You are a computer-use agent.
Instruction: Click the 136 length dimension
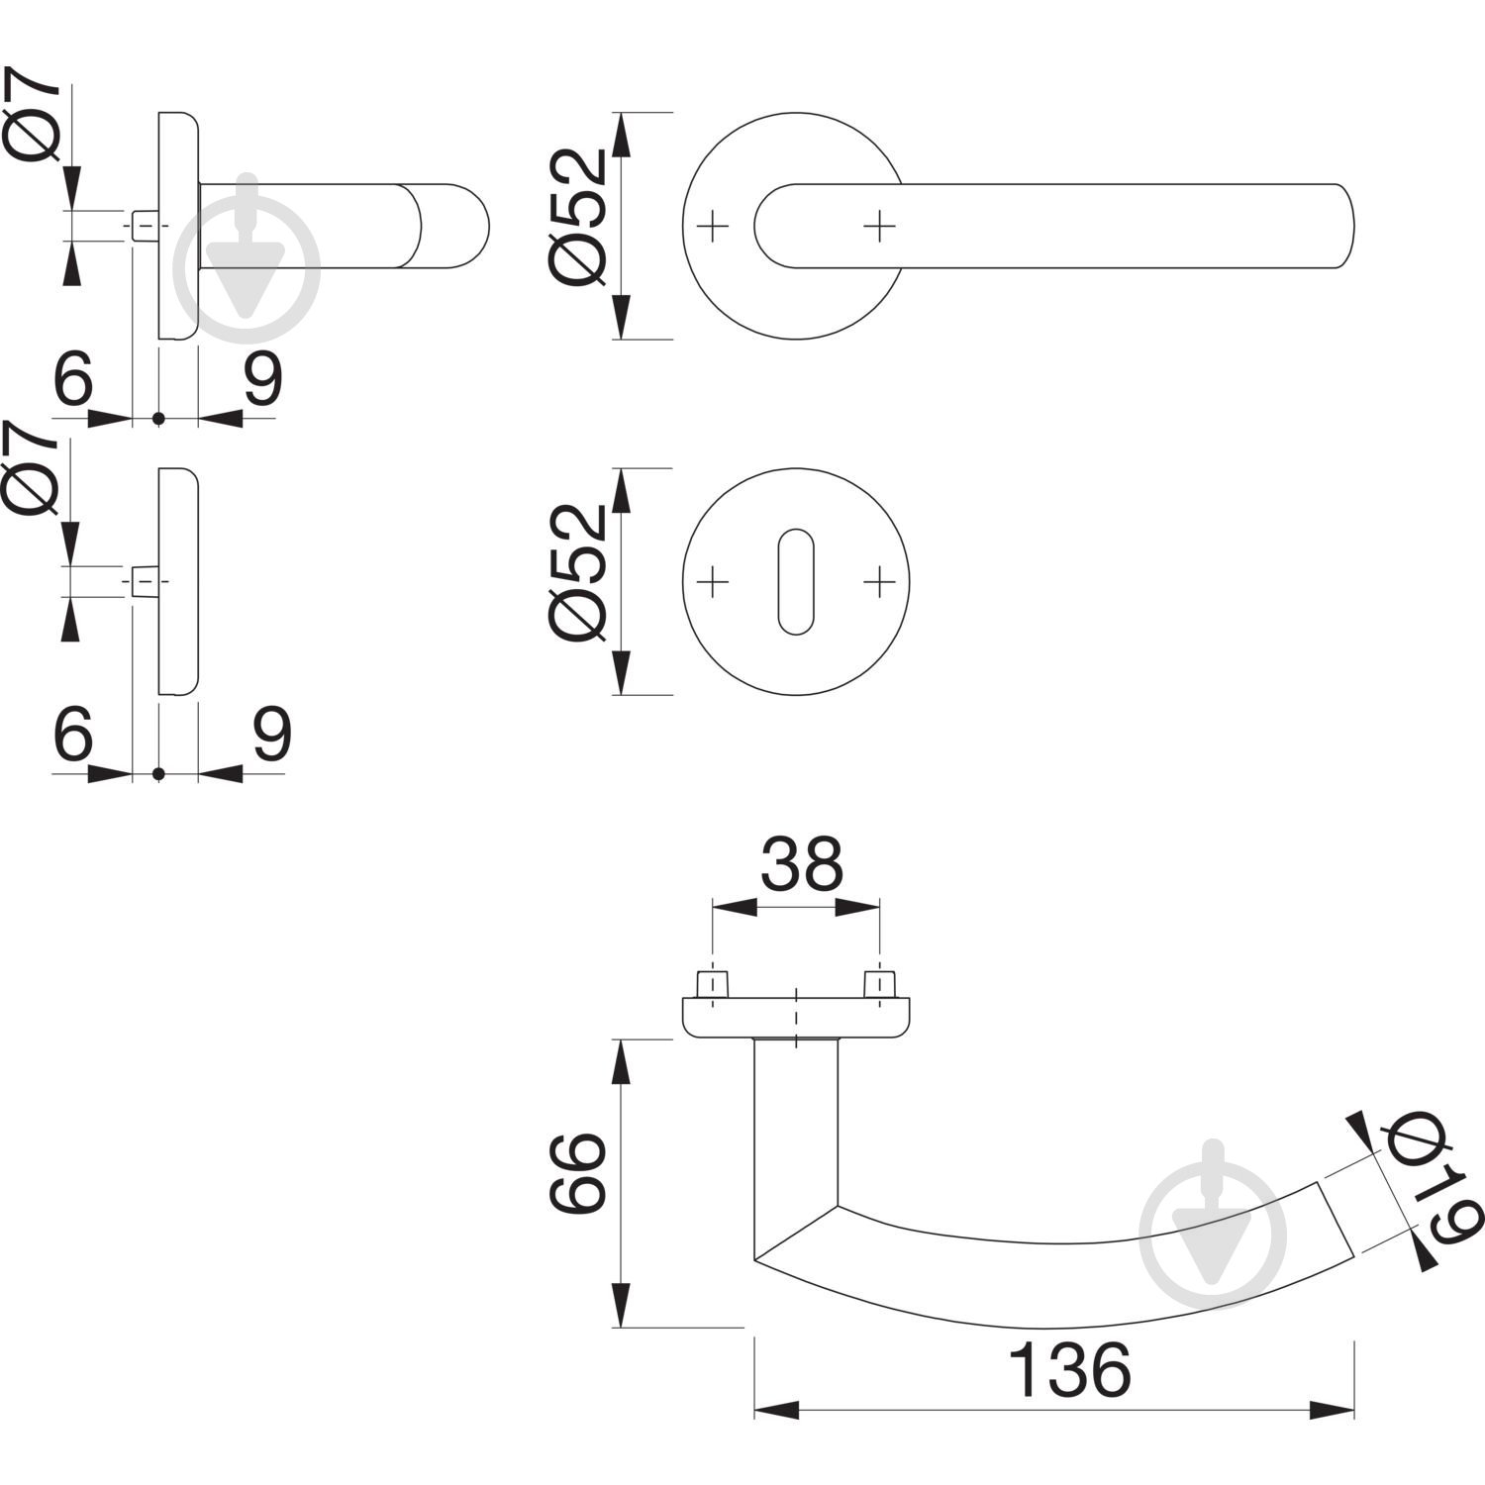(x=1068, y=1370)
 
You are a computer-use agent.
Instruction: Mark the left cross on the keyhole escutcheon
(x=713, y=582)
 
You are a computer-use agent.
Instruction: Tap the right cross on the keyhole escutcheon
(x=878, y=582)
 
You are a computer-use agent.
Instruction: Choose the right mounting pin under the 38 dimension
(x=879, y=985)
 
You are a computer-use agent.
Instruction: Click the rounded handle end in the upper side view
(x=454, y=226)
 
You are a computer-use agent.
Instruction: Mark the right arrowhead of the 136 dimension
(x=1332, y=1410)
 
